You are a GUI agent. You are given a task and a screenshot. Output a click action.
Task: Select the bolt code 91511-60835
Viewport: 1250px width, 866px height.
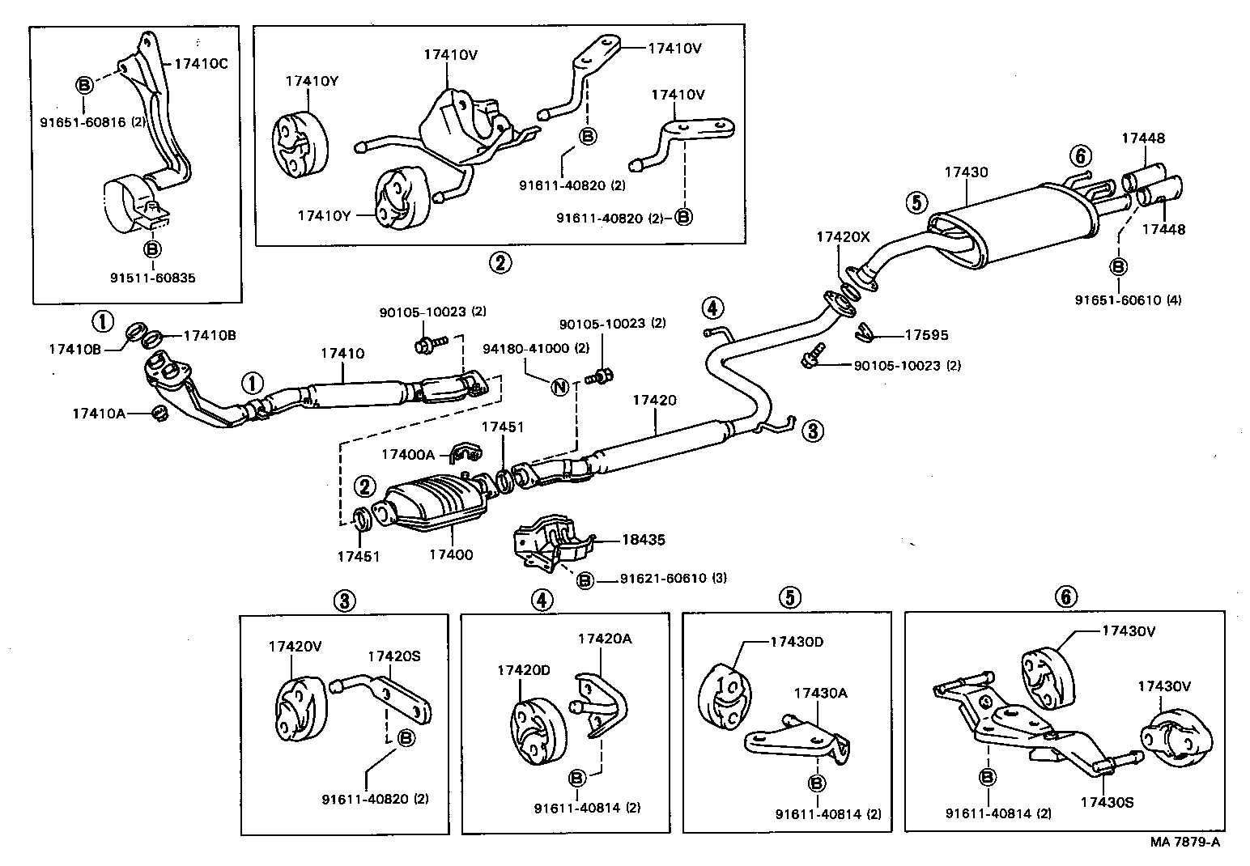coord(152,278)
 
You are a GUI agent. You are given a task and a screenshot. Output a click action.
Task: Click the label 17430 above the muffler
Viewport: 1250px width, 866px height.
coord(966,172)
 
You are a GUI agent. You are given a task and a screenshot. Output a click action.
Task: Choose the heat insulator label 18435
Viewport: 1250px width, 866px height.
coord(644,539)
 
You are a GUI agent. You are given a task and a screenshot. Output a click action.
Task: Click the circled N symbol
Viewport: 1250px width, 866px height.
coord(559,386)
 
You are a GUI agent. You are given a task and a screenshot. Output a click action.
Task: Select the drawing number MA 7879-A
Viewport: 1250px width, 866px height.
coord(1184,843)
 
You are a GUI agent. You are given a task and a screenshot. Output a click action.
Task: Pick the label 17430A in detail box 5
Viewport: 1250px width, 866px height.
coord(820,693)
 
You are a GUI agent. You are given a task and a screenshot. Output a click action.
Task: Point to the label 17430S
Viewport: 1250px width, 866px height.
coord(1107,803)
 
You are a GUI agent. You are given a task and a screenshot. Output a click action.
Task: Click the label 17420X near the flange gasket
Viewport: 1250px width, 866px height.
coord(842,237)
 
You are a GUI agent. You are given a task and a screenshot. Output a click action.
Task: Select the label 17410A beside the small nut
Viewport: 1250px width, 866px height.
coord(99,414)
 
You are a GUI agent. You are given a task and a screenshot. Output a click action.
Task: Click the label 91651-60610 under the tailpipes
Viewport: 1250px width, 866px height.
coord(1128,300)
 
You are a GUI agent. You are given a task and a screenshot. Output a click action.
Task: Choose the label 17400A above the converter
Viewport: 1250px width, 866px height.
coord(408,455)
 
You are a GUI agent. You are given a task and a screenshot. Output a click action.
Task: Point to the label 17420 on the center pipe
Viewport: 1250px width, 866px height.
coord(654,401)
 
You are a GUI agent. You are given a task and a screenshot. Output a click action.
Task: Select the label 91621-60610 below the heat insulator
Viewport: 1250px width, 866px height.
coord(674,579)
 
